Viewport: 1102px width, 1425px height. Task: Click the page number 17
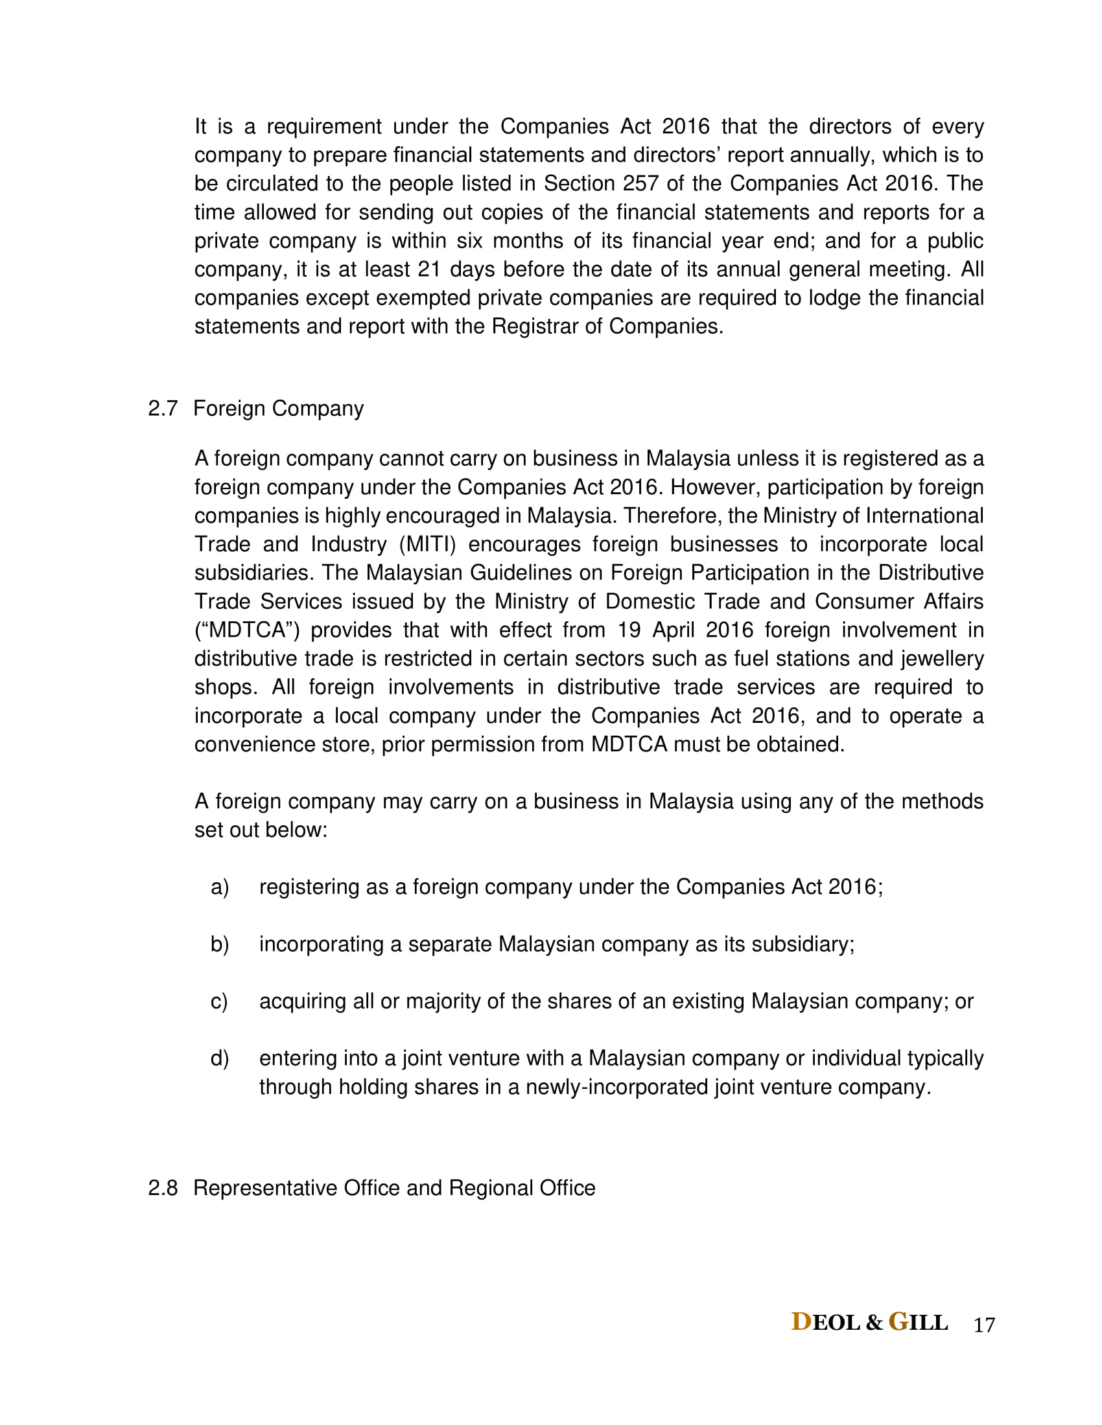coord(984,1325)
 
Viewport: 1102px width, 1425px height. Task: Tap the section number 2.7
coord(163,409)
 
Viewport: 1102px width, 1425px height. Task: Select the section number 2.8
coord(163,1188)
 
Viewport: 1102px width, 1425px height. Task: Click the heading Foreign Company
coord(279,409)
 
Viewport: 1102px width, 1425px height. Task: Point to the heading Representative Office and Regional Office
coord(394,1188)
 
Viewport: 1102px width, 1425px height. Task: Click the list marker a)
coord(219,887)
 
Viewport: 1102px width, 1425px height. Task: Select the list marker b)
coord(219,945)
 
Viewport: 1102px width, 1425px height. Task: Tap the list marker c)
coord(219,1001)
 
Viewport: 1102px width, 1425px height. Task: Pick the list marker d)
coord(219,1058)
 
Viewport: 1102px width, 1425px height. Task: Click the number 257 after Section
coord(640,183)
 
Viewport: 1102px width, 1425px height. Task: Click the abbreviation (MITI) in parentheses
coord(428,544)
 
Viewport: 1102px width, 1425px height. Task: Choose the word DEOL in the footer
coord(826,1323)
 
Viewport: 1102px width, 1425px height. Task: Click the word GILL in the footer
coord(919,1323)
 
